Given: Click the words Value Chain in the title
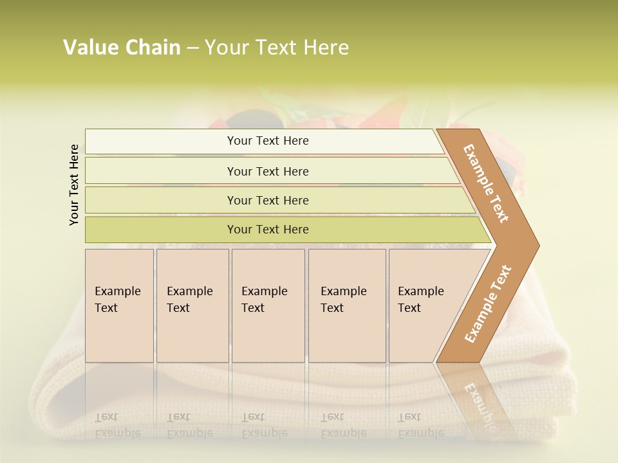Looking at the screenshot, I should (x=122, y=48).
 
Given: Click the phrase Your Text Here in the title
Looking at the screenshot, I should (x=277, y=48).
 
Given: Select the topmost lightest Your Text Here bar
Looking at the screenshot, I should (x=267, y=141).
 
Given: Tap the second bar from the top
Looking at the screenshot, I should (x=267, y=171).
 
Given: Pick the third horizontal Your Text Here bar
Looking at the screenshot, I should (x=267, y=200).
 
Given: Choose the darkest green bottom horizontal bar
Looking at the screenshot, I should (x=267, y=230).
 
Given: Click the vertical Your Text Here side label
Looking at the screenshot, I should (x=75, y=185).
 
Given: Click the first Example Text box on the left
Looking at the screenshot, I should (x=119, y=305).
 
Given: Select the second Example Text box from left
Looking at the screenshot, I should (x=192, y=305).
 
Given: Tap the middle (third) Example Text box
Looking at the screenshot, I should (x=267, y=305).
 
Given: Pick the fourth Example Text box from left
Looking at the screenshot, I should (x=346, y=305).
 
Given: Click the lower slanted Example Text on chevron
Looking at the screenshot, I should (x=488, y=304).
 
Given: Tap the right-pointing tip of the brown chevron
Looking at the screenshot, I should (x=536, y=245).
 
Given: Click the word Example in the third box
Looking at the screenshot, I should (x=265, y=291).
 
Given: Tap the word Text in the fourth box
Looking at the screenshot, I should (x=332, y=308).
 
